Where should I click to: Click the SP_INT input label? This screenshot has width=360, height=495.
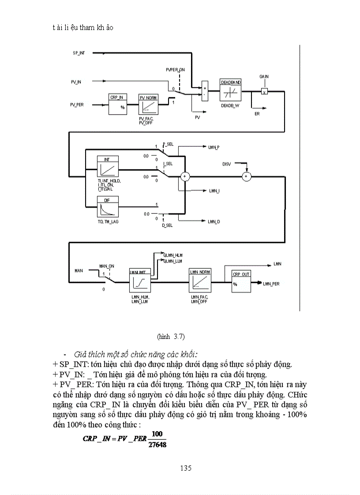coord(79,53)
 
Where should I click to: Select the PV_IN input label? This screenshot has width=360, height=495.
coord(76,82)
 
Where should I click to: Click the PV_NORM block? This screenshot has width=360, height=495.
coord(148,104)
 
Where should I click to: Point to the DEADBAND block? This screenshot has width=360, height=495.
coord(230,92)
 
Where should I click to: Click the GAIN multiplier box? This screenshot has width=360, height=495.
coord(264,92)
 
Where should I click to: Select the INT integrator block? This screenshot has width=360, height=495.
coord(106,167)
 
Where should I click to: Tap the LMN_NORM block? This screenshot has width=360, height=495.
coord(199,280)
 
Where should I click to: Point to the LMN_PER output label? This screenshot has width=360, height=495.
coord(271,284)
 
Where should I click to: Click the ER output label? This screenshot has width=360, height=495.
coord(257,114)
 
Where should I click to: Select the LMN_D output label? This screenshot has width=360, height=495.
coord(214,221)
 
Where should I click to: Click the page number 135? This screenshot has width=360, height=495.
coord(186,468)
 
